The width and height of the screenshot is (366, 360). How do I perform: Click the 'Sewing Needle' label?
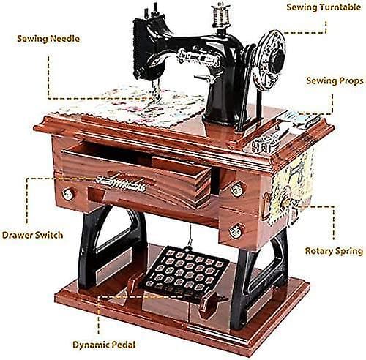(48, 39)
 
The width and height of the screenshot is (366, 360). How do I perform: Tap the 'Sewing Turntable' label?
(324, 7)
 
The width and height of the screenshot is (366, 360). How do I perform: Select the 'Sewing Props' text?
(335, 80)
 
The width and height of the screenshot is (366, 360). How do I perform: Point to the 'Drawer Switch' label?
(32, 235)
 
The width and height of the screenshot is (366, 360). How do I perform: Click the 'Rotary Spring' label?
(334, 251)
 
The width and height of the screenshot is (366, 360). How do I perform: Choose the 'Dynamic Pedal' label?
(104, 345)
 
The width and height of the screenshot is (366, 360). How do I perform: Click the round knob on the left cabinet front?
(67, 194)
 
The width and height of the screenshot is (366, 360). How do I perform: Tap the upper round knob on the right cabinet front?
(237, 189)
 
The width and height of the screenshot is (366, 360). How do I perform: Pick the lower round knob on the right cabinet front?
(236, 230)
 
